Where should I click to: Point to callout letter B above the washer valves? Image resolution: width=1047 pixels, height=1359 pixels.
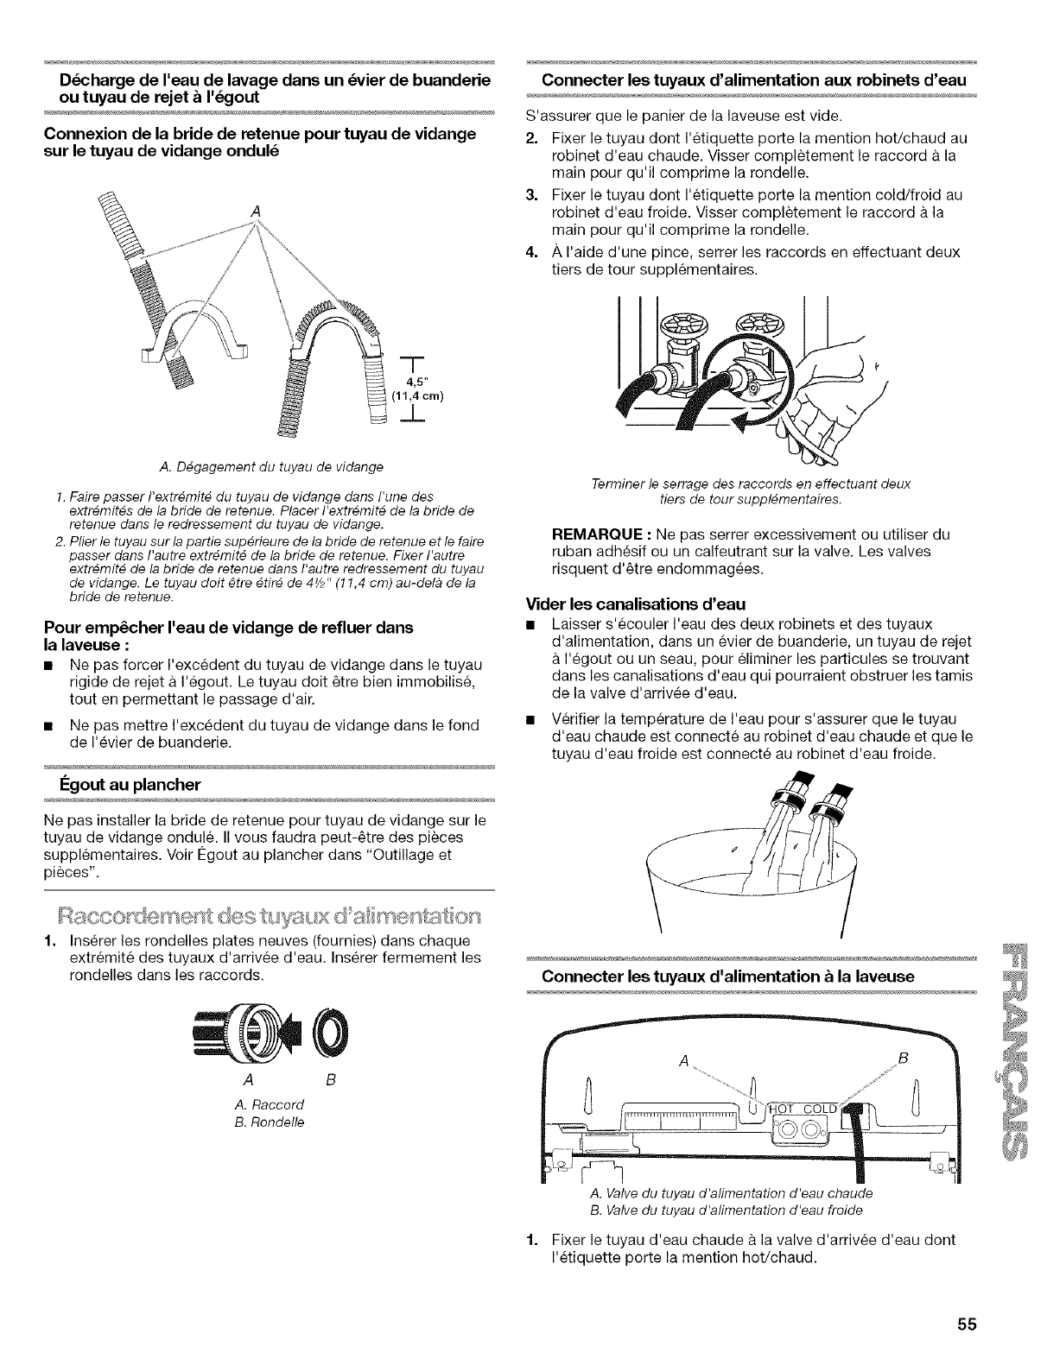902,1058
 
